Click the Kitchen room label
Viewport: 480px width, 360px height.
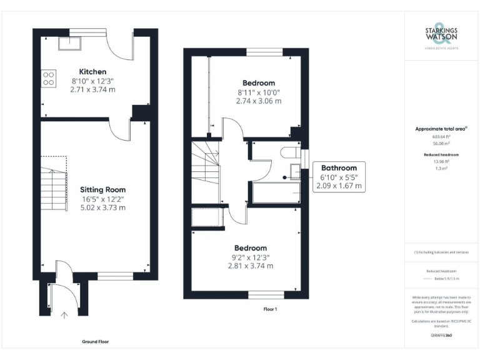[x=92, y=72]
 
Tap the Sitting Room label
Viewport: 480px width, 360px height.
[x=102, y=189]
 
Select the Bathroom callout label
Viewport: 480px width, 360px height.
[x=339, y=167]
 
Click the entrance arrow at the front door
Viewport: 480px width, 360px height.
[x=64, y=316]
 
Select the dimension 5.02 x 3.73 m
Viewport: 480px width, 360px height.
[x=102, y=207]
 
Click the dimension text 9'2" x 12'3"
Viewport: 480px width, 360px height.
[x=250, y=257]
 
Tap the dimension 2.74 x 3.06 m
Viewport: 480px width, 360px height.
[x=259, y=101]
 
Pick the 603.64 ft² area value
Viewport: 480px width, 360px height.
[x=441, y=136]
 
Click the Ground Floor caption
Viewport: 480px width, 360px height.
[x=96, y=342]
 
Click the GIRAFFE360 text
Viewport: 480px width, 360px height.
[x=441, y=336]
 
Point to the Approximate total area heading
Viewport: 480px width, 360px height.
[x=441, y=129]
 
